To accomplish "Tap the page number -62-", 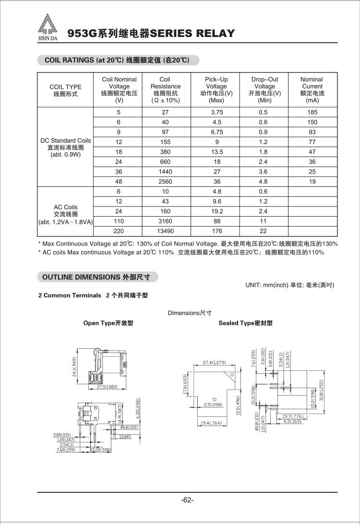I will pyautogui.click(x=187, y=500).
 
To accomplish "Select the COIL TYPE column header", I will pyautogui.click(x=66, y=90).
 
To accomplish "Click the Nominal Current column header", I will pyautogui.click(x=312, y=90).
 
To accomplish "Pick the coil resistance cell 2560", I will pyautogui.click(x=165, y=182).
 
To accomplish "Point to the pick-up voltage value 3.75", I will pyautogui.click(x=216, y=112).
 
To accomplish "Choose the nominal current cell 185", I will pyautogui.click(x=312, y=112).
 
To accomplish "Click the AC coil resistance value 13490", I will pyautogui.click(x=165, y=231).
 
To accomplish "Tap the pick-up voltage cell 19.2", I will pyautogui.click(x=216, y=211).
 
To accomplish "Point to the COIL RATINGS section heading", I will pyautogui.click(x=117, y=61).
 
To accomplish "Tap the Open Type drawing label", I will pyautogui.click(x=108, y=323).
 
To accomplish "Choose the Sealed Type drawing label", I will pyautogui.click(x=245, y=323).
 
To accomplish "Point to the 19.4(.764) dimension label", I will pyautogui.click(x=211, y=423).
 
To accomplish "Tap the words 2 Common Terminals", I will pyautogui.click(x=70, y=295).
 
